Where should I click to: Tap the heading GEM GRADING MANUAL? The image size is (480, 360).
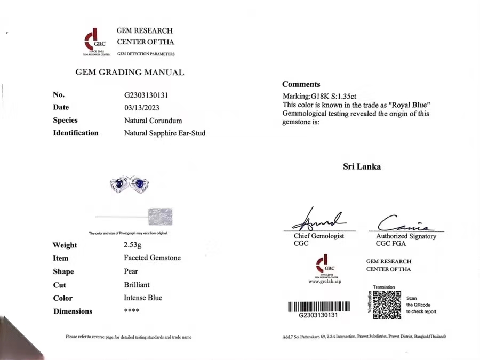point(130,73)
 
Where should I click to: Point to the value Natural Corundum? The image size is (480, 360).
point(153,121)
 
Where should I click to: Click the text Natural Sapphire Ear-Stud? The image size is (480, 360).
point(165,133)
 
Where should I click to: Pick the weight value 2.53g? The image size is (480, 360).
point(133,245)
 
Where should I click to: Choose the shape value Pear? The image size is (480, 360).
point(131,271)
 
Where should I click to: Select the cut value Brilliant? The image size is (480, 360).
point(137,284)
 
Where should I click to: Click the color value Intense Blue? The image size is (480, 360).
point(143,298)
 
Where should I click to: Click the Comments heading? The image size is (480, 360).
point(301,84)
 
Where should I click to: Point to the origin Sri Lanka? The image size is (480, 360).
point(362,166)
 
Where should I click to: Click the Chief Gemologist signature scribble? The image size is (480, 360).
point(318,220)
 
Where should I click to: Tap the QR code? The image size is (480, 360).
point(387,305)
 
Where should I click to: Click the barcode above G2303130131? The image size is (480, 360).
point(319,307)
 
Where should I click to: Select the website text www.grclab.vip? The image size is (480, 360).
point(325,282)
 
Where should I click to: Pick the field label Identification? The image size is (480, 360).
point(76,133)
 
